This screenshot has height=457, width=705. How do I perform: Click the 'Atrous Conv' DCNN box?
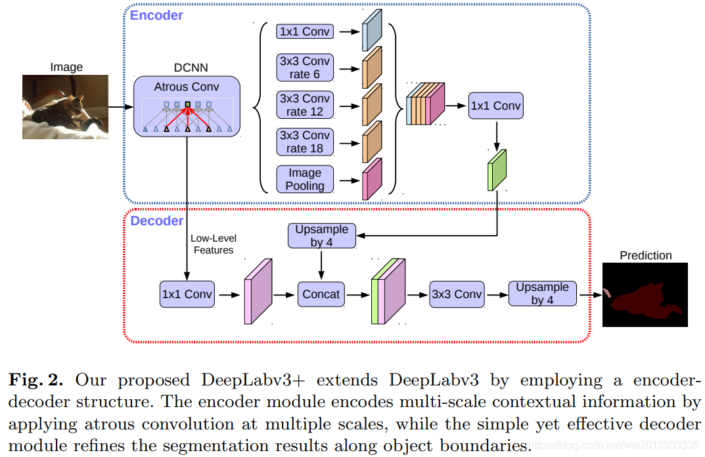click(x=187, y=106)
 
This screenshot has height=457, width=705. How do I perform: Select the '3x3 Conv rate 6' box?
click(x=305, y=68)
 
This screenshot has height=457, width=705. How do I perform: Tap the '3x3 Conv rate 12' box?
click(x=305, y=104)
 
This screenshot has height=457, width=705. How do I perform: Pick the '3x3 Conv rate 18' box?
click(x=305, y=142)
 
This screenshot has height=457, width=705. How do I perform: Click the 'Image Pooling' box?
click(x=305, y=179)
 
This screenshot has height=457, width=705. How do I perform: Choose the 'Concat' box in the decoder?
click(x=321, y=294)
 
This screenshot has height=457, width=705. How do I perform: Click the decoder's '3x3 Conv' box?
click(x=457, y=294)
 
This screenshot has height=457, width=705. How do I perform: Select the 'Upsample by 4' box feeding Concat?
click(x=322, y=236)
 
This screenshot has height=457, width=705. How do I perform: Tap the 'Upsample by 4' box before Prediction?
click(x=543, y=294)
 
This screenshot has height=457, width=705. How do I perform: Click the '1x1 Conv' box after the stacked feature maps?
click(x=496, y=106)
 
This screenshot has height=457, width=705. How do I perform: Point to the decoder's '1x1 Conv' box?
click(x=187, y=294)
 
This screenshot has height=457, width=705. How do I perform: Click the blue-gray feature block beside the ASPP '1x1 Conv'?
click(x=373, y=31)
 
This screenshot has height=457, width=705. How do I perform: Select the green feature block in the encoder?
click(x=497, y=170)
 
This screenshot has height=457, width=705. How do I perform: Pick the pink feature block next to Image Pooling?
click(x=373, y=179)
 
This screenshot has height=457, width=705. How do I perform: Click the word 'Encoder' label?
click(x=156, y=15)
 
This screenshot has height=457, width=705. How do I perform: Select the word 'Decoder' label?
click(x=157, y=221)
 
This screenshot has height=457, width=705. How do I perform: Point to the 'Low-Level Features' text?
click(x=214, y=244)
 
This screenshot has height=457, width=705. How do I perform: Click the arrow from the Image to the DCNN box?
click(x=121, y=107)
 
